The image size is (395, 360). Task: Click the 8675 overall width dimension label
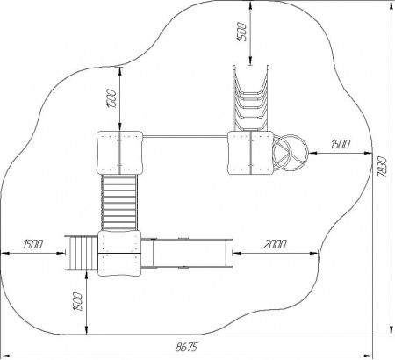point(186,347)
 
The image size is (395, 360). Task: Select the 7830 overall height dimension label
point(383,167)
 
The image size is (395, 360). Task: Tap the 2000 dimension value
point(275,244)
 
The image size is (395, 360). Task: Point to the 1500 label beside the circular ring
point(341,144)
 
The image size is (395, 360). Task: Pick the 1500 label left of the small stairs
point(33,244)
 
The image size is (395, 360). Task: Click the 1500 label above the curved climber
point(243,32)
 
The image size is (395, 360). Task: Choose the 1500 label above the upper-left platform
point(112,98)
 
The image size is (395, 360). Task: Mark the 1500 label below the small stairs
point(77,301)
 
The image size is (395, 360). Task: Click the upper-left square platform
point(119,153)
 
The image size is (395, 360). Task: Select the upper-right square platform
point(251,153)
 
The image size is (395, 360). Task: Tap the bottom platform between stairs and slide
point(119,253)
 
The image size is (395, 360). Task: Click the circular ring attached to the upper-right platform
point(290,153)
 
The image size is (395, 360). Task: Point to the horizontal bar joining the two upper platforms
point(185,136)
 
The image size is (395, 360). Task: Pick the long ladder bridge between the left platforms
point(119,203)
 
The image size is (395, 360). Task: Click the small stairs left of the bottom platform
point(81,253)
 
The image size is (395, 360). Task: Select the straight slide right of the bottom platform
point(187,253)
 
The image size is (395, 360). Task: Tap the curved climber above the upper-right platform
point(251,97)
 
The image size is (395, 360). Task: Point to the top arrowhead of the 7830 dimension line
point(391,4)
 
